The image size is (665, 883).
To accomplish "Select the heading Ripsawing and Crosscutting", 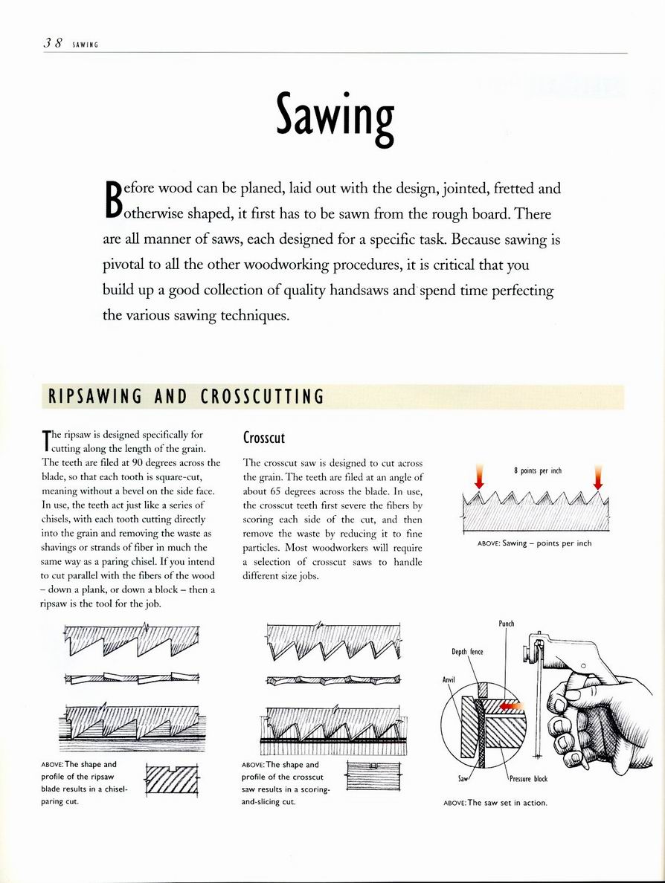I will [x=186, y=396].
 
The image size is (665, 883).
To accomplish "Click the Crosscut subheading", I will [x=264, y=438].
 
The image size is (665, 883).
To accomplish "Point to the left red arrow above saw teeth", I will [x=478, y=476].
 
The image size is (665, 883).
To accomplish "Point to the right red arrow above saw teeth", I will [x=597, y=476].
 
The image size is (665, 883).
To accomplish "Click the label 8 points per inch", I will [x=537, y=470].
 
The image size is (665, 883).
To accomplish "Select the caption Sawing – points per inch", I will [x=534, y=543].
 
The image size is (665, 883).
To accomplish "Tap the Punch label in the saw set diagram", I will [x=506, y=624].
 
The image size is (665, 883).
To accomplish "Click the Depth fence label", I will [x=467, y=652].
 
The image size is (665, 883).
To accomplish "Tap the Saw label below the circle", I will [x=463, y=778].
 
